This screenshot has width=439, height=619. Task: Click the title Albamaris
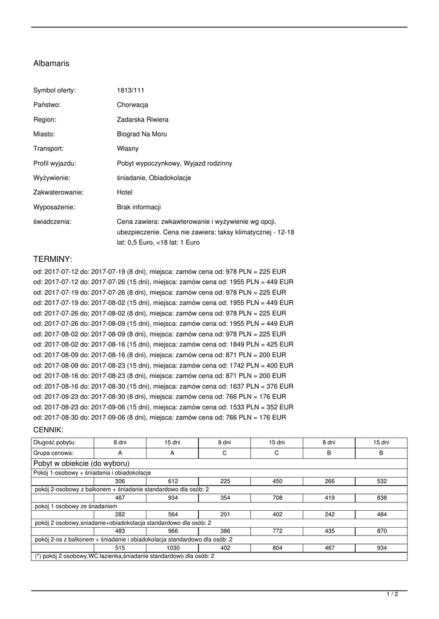(51, 63)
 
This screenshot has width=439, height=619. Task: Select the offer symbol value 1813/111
(131, 90)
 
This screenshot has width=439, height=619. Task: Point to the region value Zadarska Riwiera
(142, 120)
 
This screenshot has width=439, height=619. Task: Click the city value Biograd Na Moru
(142, 134)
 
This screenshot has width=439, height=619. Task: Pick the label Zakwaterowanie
(58, 192)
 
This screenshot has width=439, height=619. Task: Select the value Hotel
(125, 192)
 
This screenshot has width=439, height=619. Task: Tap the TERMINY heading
(53, 258)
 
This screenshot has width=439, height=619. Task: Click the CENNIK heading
(49, 430)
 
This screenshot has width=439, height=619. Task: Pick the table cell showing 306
(120, 481)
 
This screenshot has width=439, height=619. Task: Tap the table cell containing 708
(277, 497)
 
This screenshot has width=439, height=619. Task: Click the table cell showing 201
(225, 514)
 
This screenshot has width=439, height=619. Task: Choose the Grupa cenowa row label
(54, 452)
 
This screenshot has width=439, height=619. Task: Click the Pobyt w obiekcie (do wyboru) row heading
(78, 463)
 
